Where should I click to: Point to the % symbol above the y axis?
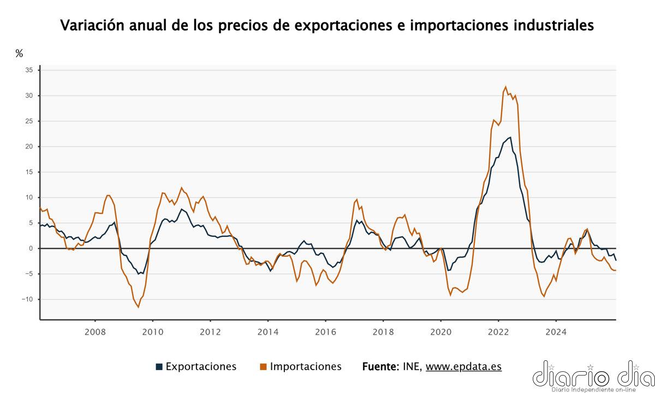point(19,53)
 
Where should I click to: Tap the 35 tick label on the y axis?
point(29,70)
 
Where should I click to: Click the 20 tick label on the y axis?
point(29,146)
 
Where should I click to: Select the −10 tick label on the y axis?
point(27,299)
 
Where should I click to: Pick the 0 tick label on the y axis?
point(31,248)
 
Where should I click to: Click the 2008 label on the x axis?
point(95,331)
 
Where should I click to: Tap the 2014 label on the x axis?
point(267,331)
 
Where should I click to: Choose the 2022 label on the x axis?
point(498,331)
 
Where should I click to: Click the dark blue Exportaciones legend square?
point(159,367)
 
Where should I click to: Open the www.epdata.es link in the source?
point(463,367)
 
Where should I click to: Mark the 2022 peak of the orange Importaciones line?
point(505,87)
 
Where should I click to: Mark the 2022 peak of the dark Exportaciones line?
point(510,137)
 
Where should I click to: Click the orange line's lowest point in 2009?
point(138,307)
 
